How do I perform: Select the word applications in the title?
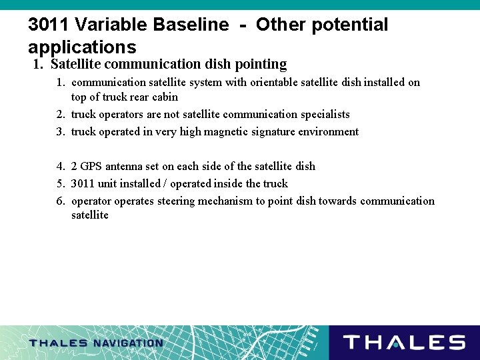(82, 47)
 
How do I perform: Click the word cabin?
(164, 97)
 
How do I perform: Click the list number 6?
(61, 201)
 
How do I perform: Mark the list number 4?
(61, 166)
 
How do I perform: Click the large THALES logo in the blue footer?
(404, 343)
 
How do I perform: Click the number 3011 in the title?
(49, 25)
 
